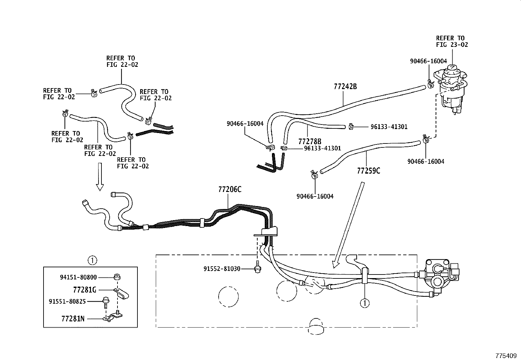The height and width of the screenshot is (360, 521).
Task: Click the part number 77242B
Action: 345,86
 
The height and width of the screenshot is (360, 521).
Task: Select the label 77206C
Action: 230,189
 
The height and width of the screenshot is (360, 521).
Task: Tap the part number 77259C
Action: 368,171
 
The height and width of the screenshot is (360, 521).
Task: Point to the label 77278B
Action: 310,142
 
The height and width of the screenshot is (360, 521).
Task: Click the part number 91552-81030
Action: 222,269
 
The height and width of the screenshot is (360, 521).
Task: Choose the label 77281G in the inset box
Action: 84,290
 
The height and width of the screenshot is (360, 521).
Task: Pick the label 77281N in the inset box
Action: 73,318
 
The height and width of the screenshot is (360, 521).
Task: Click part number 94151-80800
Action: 78,277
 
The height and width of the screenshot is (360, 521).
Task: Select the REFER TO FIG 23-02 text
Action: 452,41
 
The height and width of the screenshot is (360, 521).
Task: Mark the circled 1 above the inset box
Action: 92,261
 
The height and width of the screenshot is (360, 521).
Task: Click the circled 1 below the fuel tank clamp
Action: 365,303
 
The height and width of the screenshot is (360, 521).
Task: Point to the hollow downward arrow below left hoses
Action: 100,177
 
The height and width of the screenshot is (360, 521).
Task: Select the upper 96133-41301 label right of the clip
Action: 389,127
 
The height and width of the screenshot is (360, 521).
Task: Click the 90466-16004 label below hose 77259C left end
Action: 315,196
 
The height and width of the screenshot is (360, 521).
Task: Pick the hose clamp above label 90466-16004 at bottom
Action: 314,174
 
